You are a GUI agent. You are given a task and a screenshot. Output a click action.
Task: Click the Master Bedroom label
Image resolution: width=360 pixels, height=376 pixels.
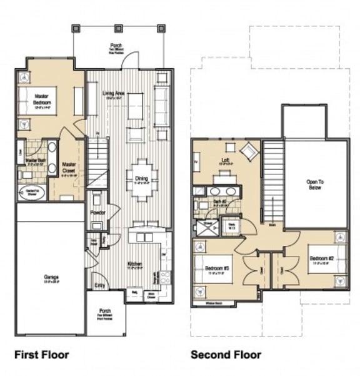(x=42, y=99)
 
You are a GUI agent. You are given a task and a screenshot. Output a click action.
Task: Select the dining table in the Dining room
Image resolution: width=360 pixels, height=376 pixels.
(x=142, y=179)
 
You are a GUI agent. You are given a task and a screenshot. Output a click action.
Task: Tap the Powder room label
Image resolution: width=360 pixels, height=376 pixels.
(x=98, y=213)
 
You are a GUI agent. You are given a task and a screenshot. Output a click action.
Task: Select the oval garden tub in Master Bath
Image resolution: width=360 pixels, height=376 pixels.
(x=29, y=192)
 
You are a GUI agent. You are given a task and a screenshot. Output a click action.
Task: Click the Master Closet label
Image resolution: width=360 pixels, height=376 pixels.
(x=69, y=168)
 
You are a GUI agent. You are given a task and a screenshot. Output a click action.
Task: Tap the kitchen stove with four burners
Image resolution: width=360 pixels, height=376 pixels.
(x=164, y=276)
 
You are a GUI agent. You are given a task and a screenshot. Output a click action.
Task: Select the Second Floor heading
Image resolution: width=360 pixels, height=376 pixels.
(x=226, y=355)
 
